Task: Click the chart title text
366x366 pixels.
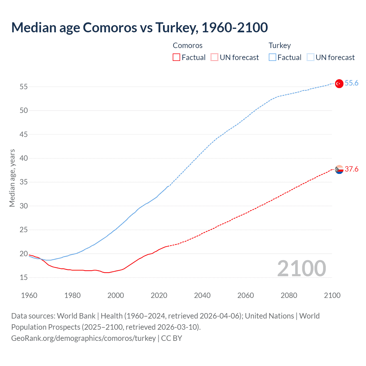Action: coord(140,27)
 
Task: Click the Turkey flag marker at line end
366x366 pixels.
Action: coord(339,83)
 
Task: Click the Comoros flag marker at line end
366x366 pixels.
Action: coord(339,170)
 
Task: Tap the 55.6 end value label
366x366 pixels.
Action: coord(351,83)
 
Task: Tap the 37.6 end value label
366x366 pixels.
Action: coord(351,169)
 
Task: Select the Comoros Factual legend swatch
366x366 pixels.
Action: coord(176,57)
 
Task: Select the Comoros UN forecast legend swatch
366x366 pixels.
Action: coord(214,57)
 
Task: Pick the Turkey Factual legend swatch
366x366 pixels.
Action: coord(272,57)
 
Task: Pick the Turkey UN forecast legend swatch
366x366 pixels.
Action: coord(310,57)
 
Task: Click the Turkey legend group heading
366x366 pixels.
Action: coord(279,46)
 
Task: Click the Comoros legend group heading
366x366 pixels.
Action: coord(188,46)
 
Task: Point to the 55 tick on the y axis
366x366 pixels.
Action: coord(24,87)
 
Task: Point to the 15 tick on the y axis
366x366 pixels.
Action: coord(24,278)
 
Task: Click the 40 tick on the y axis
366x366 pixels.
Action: coord(24,158)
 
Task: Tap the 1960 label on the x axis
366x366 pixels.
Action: coord(29,295)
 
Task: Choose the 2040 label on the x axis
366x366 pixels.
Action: coord(202,295)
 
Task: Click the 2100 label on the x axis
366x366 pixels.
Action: coord(332,295)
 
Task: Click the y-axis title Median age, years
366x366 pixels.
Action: coord(12,178)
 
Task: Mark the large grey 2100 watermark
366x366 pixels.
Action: coord(301,268)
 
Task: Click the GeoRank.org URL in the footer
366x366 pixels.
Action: coord(83,338)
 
